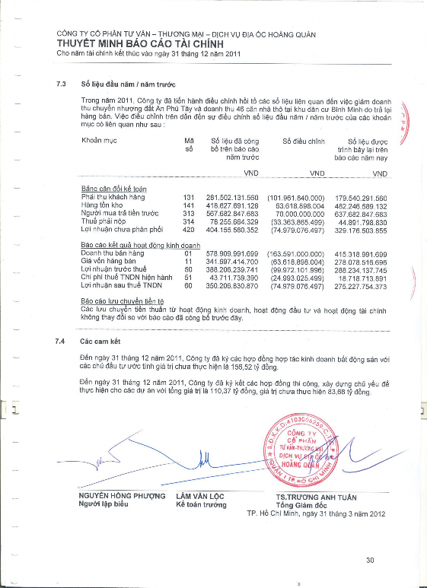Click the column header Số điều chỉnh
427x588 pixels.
(x=304, y=141)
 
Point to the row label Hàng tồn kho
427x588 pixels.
(x=100, y=205)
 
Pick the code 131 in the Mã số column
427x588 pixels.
(x=190, y=198)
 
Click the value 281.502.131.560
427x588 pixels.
(x=234, y=198)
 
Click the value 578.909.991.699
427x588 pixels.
(x=234, y=253)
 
